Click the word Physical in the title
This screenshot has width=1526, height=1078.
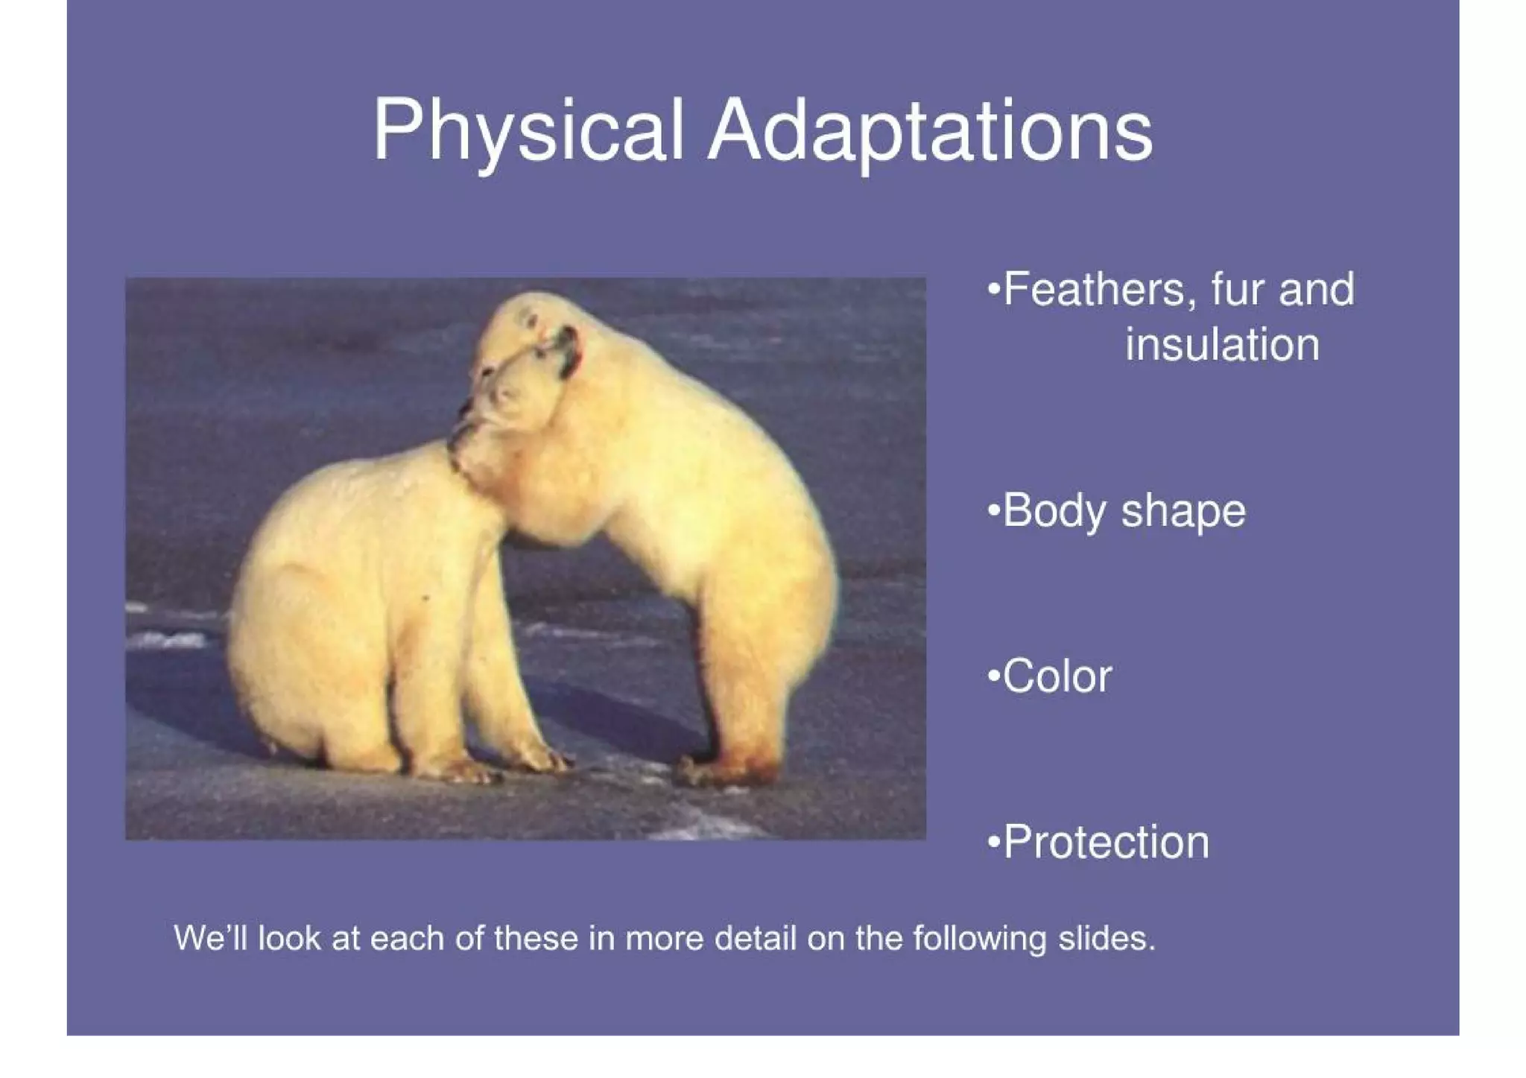528,131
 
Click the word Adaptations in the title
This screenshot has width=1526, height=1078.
929,131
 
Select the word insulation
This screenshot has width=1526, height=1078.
1222,345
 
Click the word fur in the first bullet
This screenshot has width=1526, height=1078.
1238,290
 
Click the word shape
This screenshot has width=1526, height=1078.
1183,512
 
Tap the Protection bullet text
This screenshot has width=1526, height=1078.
1106,842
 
